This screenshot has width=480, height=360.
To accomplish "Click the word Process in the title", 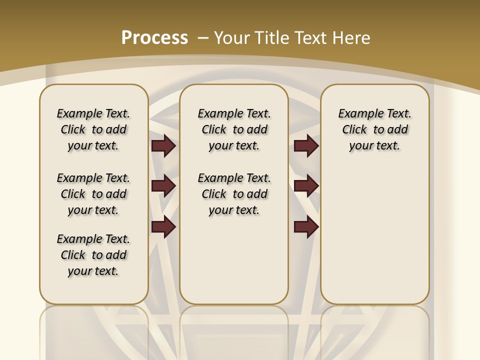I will [x=154, y=38].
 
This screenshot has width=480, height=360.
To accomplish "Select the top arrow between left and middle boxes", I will [x=163, y=145].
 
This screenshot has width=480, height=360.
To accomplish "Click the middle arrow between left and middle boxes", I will [x=163, y=186].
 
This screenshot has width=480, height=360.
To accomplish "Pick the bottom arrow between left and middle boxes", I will [x=163, y=227].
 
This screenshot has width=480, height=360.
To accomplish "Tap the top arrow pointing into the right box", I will [x=306, y=145].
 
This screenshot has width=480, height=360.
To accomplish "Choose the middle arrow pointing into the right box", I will [x=306, y=186].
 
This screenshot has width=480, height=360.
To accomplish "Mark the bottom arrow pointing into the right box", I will [x=306, y=227].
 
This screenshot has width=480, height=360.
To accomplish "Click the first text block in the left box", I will [x=93, y=129].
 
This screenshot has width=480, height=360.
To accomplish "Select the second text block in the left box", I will [x=93, y=194].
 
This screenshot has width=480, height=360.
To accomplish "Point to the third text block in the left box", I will [x=93, y=255].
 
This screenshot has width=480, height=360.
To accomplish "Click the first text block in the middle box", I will [x=234, y=129].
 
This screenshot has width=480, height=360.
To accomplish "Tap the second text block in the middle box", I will [x=234, y=194].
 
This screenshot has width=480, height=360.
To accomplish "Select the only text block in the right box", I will [x=374, y=129].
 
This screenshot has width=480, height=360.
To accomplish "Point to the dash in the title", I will [x=203, y=38].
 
